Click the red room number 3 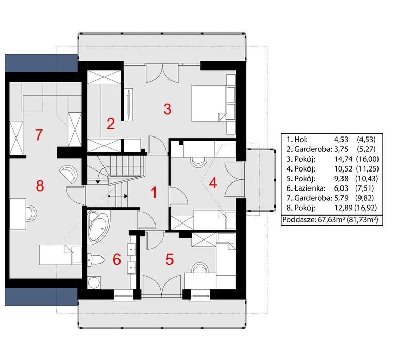pos(167,109)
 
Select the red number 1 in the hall pos(154,193)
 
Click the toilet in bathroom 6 pos(95,260)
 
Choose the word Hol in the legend pos(301,140)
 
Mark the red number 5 pos(169,260)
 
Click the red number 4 pos(213,183)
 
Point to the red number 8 pos(40,186)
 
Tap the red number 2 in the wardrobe pos(111,124)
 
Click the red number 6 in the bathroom pos(116,260)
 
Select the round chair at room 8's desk pos(31,213)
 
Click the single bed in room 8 pos(60,255)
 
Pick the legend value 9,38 pos(341,178)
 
